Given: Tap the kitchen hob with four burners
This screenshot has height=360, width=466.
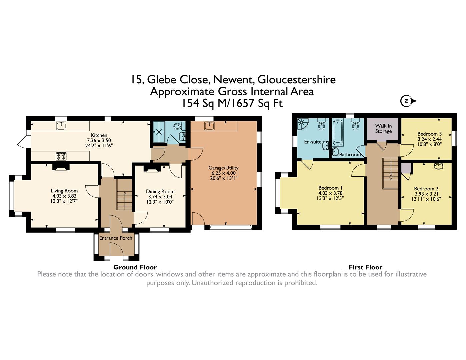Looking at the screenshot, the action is pos(61,156).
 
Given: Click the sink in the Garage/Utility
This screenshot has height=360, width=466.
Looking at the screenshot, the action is pos(209,126).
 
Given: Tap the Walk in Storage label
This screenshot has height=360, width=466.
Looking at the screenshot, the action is pos(383,128).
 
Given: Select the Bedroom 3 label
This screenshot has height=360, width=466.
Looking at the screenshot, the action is pos(427,134).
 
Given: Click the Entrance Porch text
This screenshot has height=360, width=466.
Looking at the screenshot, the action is pos(116,238).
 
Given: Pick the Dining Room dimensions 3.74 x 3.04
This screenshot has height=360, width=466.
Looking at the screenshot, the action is pos(160,197).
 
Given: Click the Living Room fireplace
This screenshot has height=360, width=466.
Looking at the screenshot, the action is pos(61,167).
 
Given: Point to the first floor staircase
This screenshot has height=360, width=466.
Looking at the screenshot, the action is pos(390,173).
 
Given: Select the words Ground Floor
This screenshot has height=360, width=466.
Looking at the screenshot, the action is pos(135,267).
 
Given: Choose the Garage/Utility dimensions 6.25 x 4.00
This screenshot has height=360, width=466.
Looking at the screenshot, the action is pos(223,173).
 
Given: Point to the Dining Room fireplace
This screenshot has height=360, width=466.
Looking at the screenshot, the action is pos(153,169).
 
